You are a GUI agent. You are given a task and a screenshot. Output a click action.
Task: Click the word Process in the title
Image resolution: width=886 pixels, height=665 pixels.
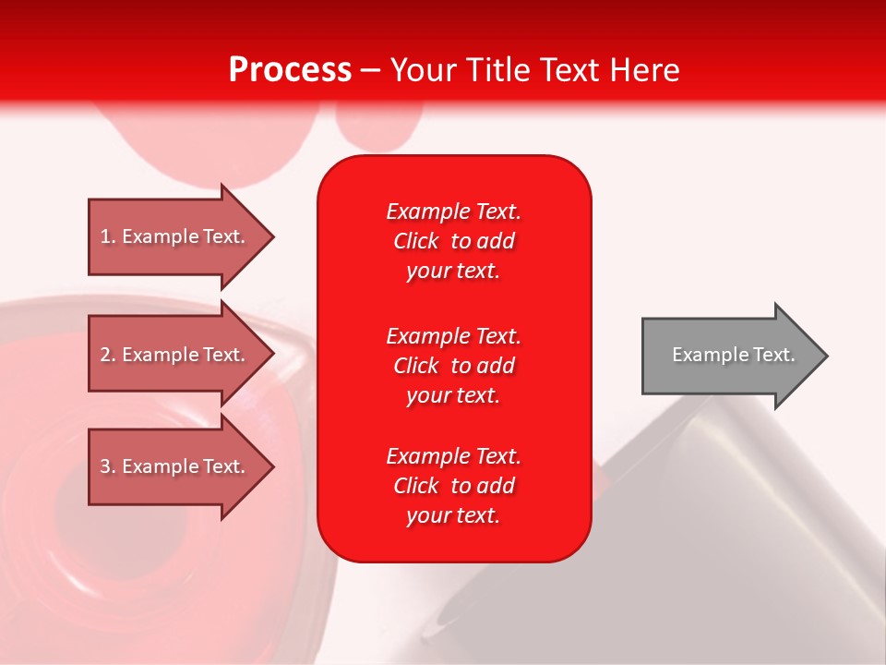pos(290,69)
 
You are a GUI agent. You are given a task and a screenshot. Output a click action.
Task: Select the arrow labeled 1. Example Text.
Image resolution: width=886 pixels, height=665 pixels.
pos(175,236)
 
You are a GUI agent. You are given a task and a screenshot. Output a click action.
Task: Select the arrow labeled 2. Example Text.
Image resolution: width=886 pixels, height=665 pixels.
pos(175,355)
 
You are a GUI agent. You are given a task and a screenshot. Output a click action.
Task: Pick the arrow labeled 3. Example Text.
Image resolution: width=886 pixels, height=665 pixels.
pos(175,466)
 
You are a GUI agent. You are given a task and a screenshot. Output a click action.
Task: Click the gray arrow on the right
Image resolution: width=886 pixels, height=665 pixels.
pos(729,355)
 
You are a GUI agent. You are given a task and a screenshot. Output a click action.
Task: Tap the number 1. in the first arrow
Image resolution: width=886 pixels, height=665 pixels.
pos(108,236)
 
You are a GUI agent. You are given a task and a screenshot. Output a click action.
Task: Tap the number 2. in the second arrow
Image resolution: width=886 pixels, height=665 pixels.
pos(108,355)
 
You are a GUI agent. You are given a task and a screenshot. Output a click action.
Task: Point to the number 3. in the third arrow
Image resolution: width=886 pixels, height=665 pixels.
pos(108,466)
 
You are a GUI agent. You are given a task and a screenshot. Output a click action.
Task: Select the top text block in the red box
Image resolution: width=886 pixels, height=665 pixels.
pos(453,241)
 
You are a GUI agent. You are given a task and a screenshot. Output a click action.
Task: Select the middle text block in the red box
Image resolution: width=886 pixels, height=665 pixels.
pos(453,366)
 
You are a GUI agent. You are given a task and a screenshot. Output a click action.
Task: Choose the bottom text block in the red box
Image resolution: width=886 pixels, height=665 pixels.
pos(453,486)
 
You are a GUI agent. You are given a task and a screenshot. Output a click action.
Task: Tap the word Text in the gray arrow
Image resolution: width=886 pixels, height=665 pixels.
pos(773,355)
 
